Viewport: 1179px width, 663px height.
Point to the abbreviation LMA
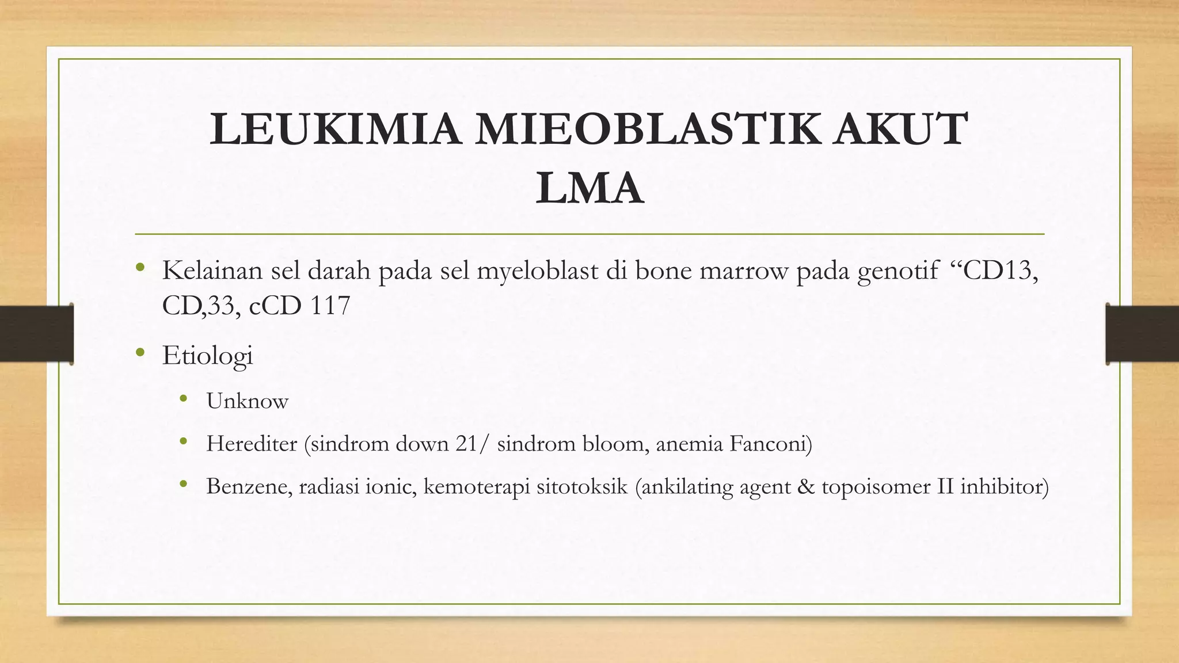click(589, 188)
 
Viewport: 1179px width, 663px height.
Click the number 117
click(330, 305)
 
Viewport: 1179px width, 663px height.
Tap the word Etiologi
click(207, 356)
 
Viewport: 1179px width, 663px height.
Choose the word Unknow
click(247, 401)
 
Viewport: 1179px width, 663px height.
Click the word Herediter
click(252, 444)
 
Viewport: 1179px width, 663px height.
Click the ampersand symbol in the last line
click(806, 486)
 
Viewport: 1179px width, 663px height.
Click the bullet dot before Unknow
click(183, 399)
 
